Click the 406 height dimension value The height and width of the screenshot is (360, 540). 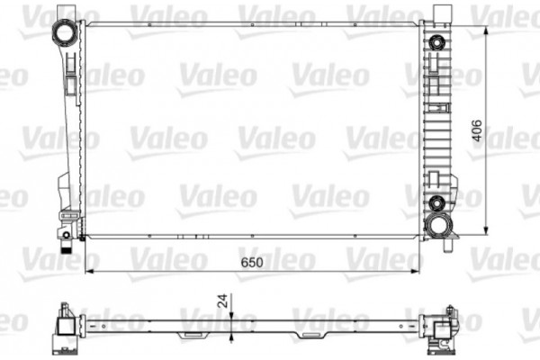479,131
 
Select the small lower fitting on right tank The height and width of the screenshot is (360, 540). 437,201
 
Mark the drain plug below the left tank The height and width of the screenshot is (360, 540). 67,240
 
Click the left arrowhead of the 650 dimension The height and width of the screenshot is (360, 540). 88,270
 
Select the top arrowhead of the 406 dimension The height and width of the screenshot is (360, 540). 487,31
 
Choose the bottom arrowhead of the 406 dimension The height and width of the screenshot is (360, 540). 487,229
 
